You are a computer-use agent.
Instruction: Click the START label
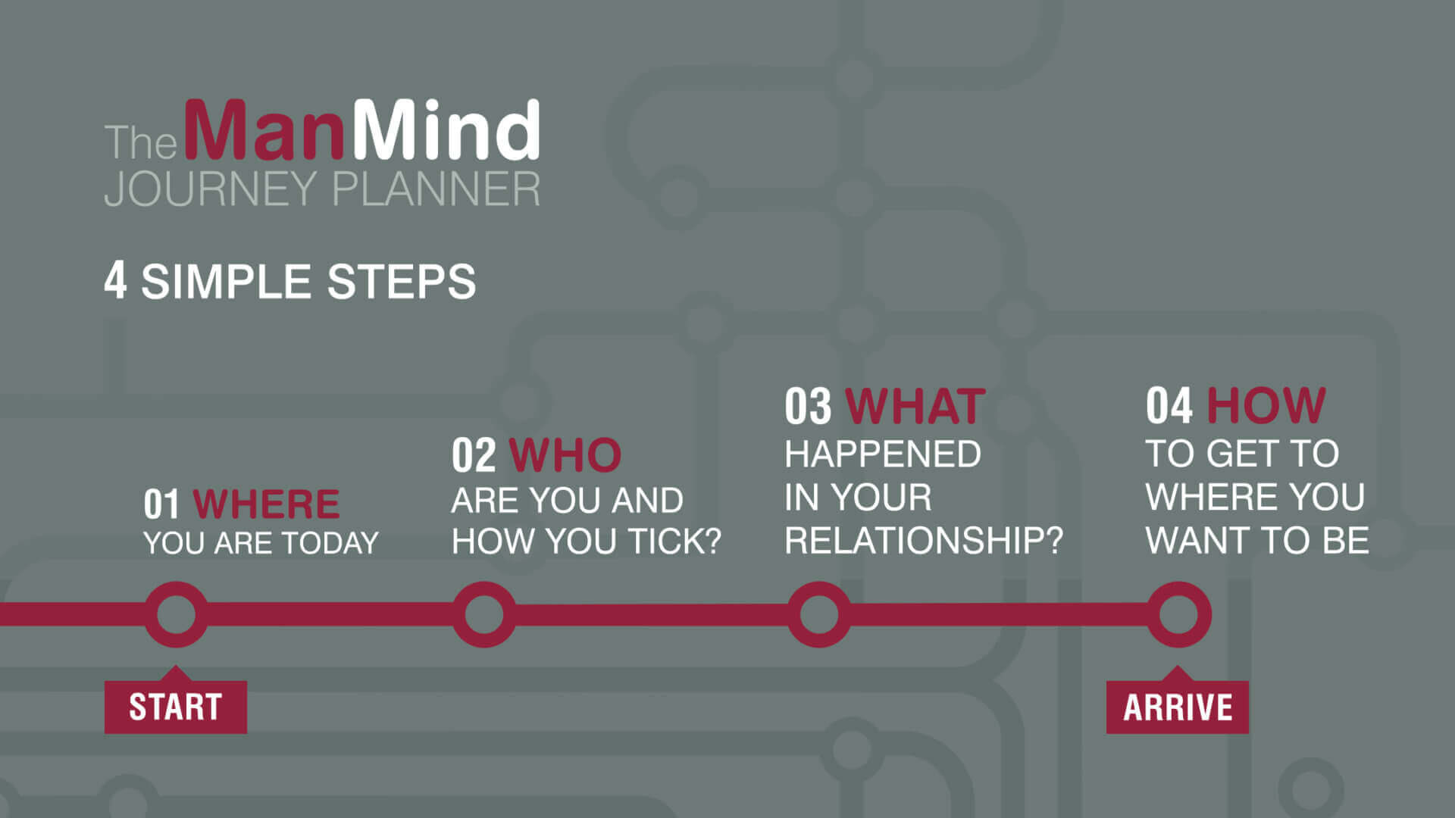[175, 707]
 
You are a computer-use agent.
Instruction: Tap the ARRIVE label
[1177, 707]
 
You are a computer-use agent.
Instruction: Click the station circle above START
[176, 614]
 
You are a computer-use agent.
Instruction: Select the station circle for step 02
[484, 614]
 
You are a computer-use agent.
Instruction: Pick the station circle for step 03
[819, 614]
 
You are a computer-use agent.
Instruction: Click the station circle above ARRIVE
[1178, 614]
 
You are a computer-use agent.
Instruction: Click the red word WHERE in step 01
[266, 504]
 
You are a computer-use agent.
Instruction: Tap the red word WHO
[565, 455]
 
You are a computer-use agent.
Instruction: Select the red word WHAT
[915, 407]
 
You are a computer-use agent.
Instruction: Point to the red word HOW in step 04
[1266, 406]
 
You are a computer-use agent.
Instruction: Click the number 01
[161, 504]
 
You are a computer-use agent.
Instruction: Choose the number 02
[474, 455]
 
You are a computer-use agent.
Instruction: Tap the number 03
[808, 407]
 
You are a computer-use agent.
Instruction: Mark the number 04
[1169, 406]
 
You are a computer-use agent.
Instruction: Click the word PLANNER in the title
[436, 189]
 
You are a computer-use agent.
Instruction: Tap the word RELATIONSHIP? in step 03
[924, 541]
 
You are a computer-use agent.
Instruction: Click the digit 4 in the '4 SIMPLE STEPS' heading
[115, 281]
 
